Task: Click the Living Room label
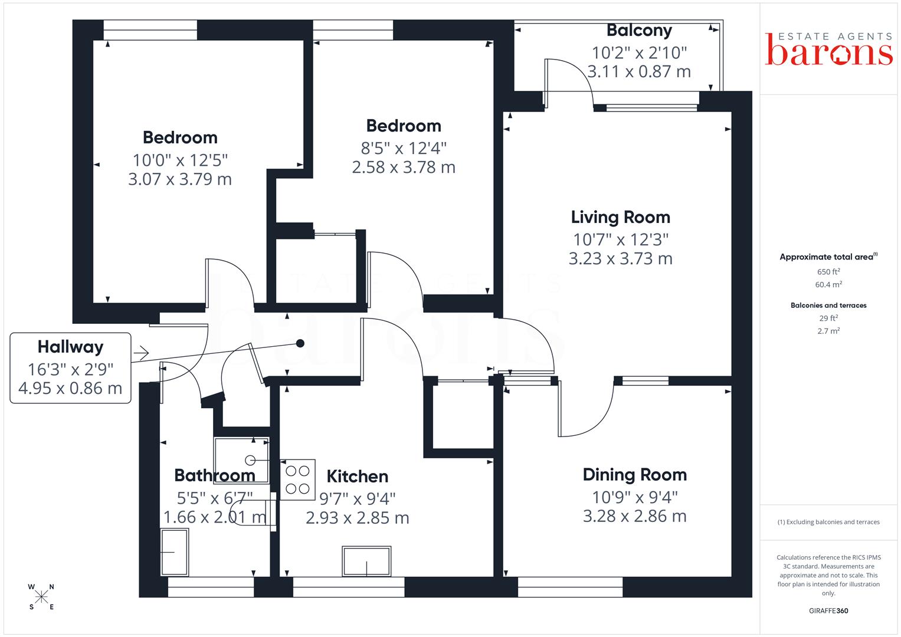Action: point(620,218)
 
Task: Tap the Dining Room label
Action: point(635,475)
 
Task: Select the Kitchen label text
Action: point(357,477)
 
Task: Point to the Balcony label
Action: point(639,31)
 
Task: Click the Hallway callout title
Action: point(70,347)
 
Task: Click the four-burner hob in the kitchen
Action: point(297,480)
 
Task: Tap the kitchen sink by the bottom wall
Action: point(366,562)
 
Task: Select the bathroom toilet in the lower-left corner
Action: point(175,552)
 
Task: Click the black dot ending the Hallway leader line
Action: point(300,343)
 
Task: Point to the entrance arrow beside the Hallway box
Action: point(141,353)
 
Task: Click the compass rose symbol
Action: point(41,597)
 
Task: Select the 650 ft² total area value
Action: point(828,271)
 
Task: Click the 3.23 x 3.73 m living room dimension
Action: point(620,258)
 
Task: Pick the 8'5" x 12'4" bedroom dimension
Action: point(404,149)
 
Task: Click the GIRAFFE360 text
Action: point(828,611)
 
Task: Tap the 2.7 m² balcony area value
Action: point(828,331)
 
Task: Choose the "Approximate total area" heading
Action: point(828,257)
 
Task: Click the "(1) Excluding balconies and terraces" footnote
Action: point(828,522)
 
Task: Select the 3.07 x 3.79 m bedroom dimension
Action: point(180,179)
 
